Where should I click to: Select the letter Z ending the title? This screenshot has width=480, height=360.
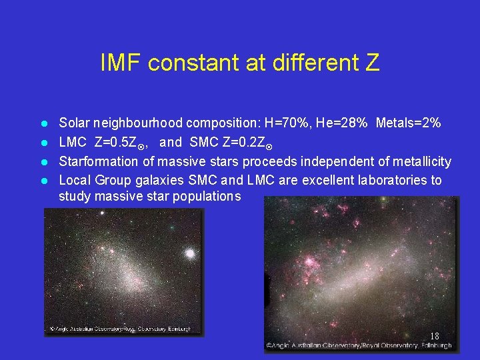point(372,63)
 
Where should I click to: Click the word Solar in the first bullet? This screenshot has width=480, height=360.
point(75,123)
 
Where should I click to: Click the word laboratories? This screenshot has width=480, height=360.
point(391,180)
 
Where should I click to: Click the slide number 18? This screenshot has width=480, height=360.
point(434,336)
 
